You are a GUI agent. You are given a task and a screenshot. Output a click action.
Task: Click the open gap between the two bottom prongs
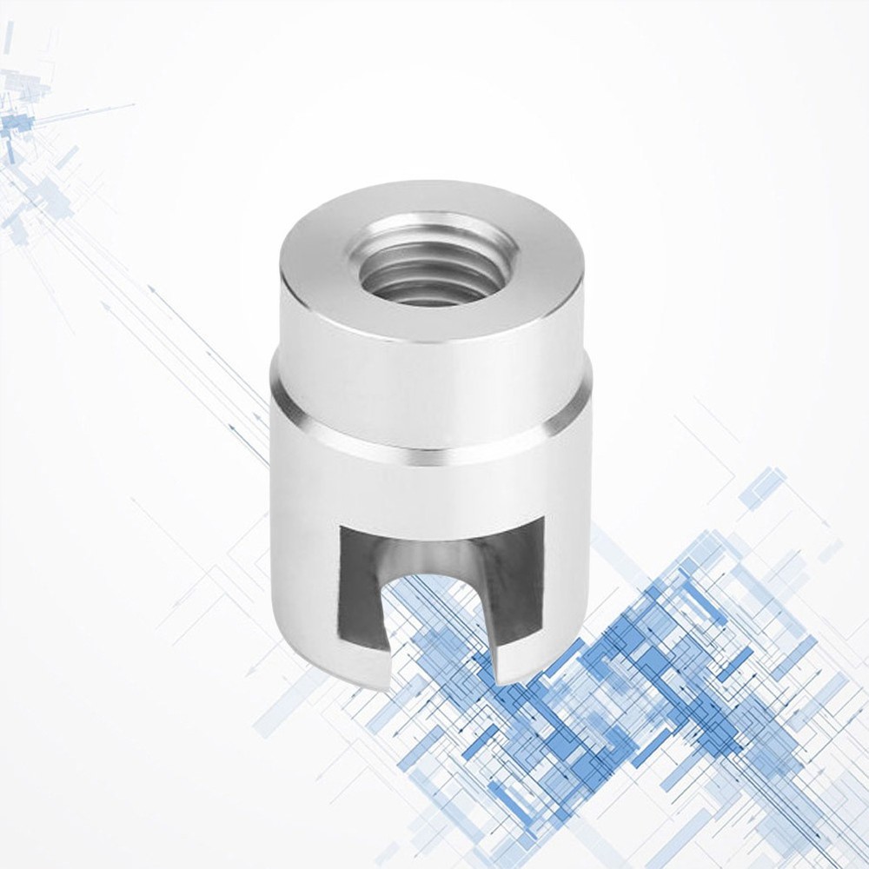click(x=434, y=634)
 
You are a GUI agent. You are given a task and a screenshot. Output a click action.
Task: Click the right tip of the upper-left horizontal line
click(x=135, y=104)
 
